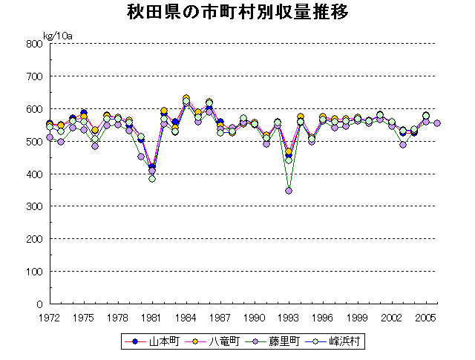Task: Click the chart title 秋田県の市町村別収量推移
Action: coord(238,13)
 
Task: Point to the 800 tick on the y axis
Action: coord(33,44)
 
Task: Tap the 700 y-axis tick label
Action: coord(33,76)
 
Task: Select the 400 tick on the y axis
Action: coord(33,174)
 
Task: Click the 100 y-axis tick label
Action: coord(33,272)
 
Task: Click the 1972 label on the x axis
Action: coord(50,317)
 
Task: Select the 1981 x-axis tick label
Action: coord(152,317)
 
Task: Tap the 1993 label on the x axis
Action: coord(289,317)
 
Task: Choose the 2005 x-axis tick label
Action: coord(425,317)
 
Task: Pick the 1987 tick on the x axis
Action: coord(220,317)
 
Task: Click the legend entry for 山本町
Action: coord(157,342)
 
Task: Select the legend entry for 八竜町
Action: coord(217,342)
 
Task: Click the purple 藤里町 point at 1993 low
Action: coord(289,191)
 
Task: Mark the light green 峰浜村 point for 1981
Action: coord(152,178)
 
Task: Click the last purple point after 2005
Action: coord(437,123)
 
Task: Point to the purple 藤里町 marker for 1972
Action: coord(50,137)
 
